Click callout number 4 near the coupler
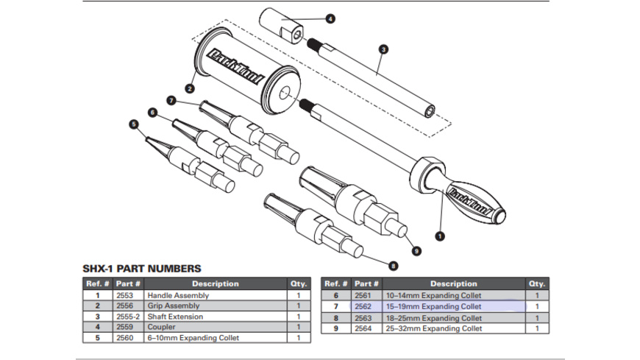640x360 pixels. point(330,18)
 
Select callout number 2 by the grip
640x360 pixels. point(190,88)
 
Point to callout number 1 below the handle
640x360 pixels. point(441,236)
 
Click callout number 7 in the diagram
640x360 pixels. point(171,100)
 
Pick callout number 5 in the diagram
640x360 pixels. point(152,112)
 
